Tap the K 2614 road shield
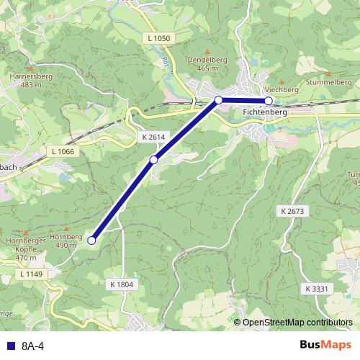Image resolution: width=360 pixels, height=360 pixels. coord(153,136)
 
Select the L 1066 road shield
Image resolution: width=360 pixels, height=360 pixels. coord(63,152)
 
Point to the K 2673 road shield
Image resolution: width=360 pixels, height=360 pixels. coord(292,211)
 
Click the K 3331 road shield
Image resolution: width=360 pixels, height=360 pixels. coord(316,288)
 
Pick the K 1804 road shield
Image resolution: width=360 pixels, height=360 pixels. coord(122,284)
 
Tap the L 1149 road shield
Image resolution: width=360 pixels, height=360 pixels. coord(31,274)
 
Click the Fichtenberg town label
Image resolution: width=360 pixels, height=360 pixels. coord(265,113)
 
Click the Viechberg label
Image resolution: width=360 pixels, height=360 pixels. coord(281,89)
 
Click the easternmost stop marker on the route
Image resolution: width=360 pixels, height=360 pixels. coord(269,101)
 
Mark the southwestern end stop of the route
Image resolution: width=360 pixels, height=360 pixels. coord(91,240)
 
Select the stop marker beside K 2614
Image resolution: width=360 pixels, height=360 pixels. coord(153,159)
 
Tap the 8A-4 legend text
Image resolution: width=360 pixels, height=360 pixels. coord(32,346)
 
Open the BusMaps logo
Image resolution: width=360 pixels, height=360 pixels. coord(325,345)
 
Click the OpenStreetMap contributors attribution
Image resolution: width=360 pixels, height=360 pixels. coord(297,323)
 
